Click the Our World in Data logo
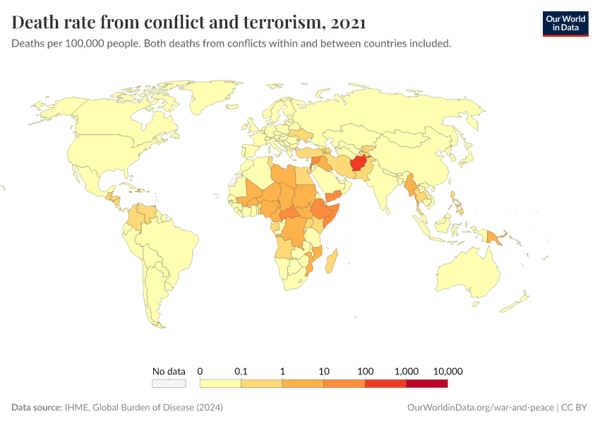pos(565,23)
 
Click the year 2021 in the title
pos(347,23)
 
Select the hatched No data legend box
pos(169,384)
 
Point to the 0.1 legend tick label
pos(241,371)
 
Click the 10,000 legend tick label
pos(448,371)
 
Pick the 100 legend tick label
pos(365,371)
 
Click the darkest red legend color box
pos(427,384)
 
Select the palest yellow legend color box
pos(220,384)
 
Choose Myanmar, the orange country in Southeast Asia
pos(410,185)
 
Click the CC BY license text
pos(575,408)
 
